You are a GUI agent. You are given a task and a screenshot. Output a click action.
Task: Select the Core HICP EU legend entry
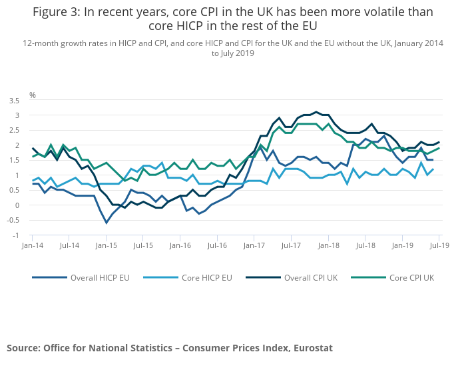pos(206,277)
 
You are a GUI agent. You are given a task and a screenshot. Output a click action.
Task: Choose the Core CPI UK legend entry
pos(412,277)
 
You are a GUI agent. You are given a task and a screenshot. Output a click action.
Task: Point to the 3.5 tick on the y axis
pos(14,101)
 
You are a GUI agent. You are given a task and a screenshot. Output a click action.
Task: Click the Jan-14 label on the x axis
pos(33,246)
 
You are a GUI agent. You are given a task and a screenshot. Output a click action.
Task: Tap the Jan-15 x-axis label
pos(107,246)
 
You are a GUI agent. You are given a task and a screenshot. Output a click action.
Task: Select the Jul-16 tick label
pos(217,246)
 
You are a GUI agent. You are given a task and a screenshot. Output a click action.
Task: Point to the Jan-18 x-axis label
pos(328,246)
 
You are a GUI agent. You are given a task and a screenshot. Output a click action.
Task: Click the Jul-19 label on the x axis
pos(439,246)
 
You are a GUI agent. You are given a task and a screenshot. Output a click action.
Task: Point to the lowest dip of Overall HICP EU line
pos(106,223)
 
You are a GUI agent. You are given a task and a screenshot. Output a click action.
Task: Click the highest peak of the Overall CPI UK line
pos(316,112)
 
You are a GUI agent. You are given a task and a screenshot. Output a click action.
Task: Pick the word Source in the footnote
pos(23,348)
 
